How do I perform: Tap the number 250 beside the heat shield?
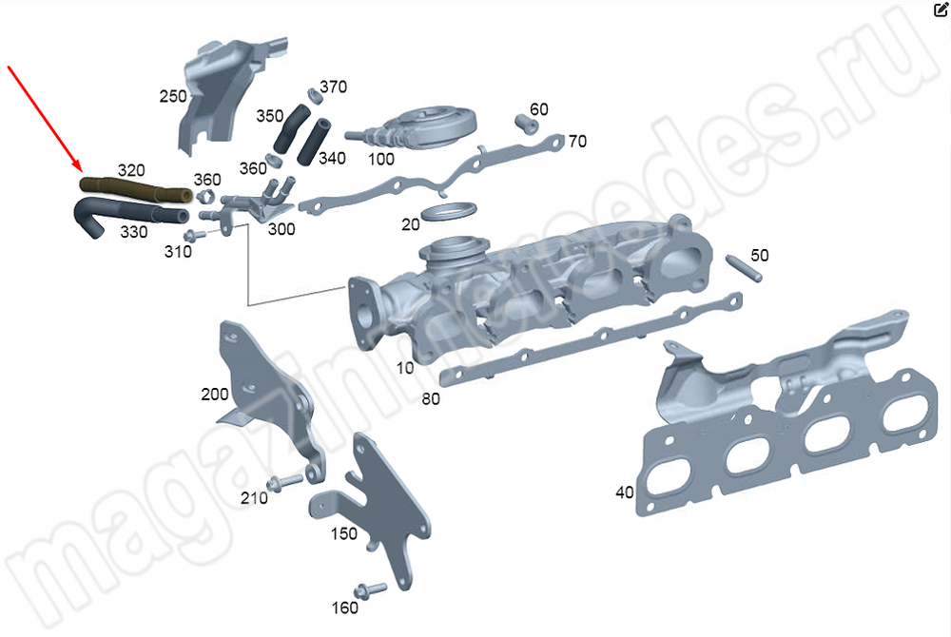click(172, 96)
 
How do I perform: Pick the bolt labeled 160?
click(370, 589)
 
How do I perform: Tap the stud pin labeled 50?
click(742, 268)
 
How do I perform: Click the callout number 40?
click(625, 492)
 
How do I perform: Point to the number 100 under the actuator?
click(380, 159)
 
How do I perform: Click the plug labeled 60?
click(524, 122)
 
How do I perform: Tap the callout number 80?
click(431, 399)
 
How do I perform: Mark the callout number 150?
click(343, 534)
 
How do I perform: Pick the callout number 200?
click(214, 394)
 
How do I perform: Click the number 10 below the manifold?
click(405, 368)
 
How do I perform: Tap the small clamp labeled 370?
click(312, 93)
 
